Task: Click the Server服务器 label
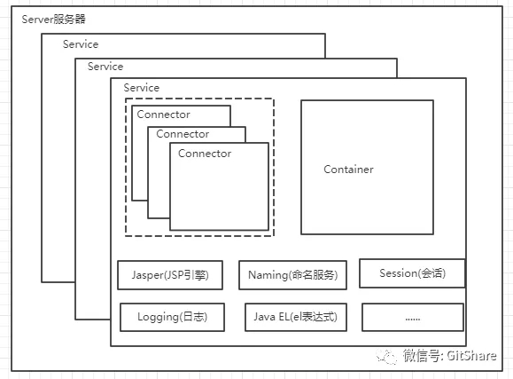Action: click(54, 20)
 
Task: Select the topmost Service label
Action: click(81, 44)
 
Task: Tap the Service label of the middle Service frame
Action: click(105, 67)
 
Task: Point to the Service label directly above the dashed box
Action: click(142, 88)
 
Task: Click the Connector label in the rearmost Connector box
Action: click(163, 114)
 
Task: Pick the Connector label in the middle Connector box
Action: click(183, 134)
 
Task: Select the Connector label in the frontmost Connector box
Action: click(205, 154)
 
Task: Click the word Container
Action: click(348, 170)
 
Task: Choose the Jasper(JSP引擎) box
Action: click(170, 275)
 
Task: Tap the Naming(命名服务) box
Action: click(292, 275)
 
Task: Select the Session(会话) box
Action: click(411, 273)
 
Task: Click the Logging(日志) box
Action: click(172, 317)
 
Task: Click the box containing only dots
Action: click(412, 317)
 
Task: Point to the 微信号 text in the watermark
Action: click(422, 356)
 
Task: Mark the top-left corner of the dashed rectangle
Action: click(125, 99)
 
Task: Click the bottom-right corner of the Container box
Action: click(433, 233)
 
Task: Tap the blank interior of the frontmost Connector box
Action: click(219, 195)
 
